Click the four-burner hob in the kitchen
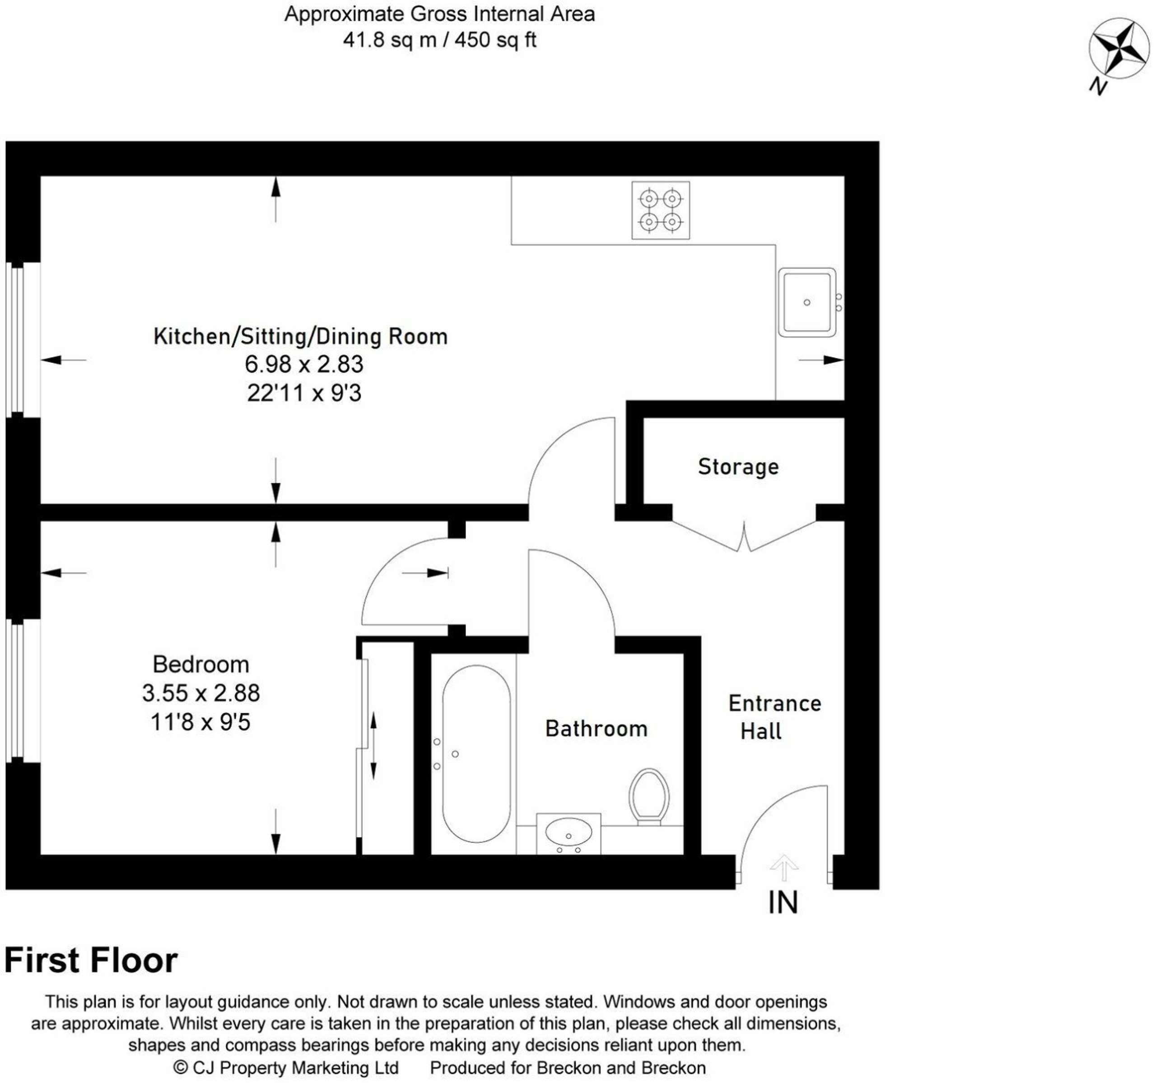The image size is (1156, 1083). point(661,210)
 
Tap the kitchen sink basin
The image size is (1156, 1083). point(806,302)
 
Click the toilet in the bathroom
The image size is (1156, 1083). point(649,796)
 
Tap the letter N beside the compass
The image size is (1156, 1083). point(1097,87)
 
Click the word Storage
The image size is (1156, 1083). point(738,467)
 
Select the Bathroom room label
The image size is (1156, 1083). point(596,729)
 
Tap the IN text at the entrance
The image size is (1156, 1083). point(783,902)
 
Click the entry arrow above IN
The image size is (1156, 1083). point(783,868)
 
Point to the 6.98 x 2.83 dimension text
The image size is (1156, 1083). point(303,364)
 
